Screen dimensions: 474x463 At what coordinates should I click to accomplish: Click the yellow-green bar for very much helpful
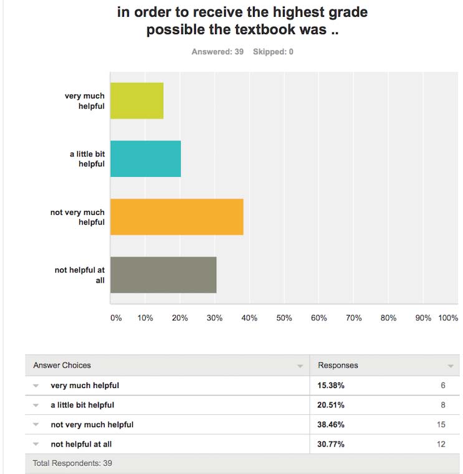coord(136,101)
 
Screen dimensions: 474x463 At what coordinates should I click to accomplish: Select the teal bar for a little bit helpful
coord(145,159)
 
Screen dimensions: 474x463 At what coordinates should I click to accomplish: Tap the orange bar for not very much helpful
coord(176,217)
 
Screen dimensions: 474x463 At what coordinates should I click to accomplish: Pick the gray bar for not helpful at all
coord(163,275)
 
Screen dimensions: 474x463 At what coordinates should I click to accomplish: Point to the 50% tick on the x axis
coord(284,318)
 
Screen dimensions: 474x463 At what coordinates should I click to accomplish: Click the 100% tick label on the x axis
coord(448,318)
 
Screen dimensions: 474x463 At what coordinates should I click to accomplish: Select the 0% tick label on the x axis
coord(116,318)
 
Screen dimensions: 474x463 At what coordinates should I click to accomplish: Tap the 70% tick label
coord(353,318)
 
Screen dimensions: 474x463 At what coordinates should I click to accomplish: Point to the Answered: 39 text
coord(217,52)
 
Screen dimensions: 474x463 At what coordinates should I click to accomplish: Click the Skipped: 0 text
coord(273,52)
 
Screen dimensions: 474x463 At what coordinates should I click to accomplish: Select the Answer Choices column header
coord(62,365)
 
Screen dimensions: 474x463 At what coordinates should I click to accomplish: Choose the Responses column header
coord(338,365)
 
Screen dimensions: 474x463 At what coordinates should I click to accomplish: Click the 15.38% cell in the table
coord(332,386)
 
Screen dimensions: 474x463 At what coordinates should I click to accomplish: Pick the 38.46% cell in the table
coord(332,425)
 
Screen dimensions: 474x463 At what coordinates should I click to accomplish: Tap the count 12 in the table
coord(441,444)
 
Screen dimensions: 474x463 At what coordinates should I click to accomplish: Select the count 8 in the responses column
coord(443,405)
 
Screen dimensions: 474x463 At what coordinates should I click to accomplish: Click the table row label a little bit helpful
coord(82,405)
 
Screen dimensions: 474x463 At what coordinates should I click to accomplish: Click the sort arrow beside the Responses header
coord(451,366)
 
